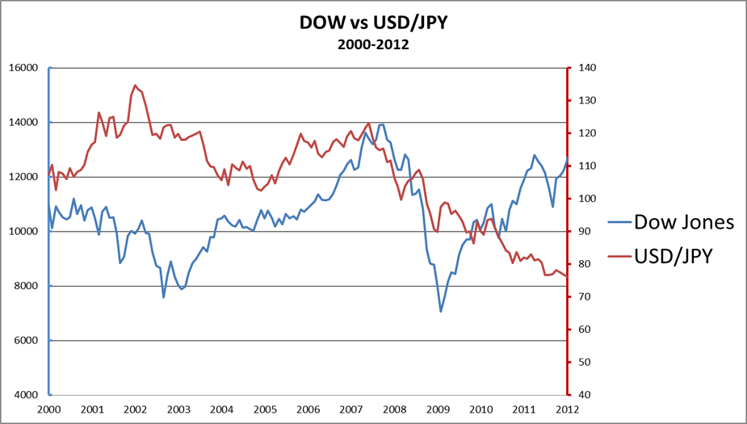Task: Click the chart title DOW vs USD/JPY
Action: click(x=373, y=24)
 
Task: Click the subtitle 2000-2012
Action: click(x=373, y=44)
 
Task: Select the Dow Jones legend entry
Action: click(x=683, y=222)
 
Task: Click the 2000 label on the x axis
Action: click(x=48, y=409)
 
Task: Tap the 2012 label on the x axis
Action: click(x=568, y=409)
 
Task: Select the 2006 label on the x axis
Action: click(x=308, y=409)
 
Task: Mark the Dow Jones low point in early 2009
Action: click(x=441, y=312)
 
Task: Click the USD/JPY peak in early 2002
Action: click(x=135, y=85)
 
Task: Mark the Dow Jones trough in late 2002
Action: click(x=164, y=297)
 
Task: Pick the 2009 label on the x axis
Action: click(x=438, y=409)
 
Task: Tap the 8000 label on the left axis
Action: click(x=26, y=286)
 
